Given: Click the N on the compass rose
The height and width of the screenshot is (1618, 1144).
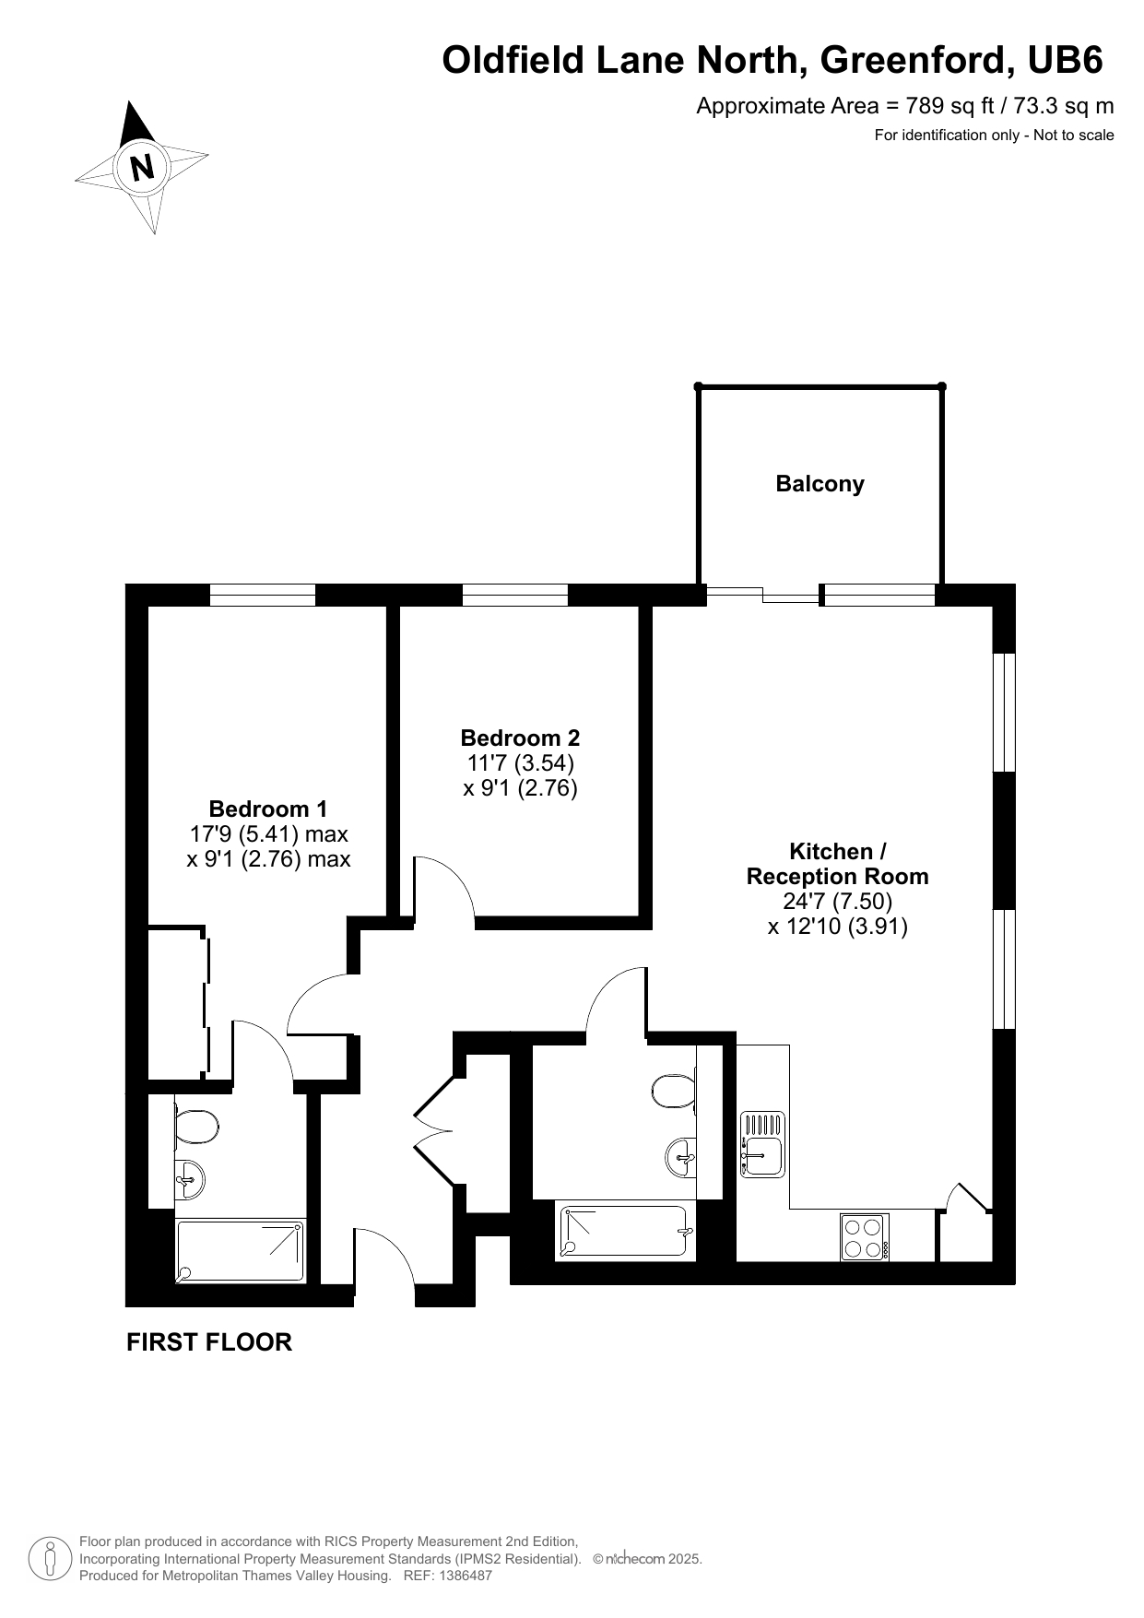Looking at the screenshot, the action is pyautogui.click(x=142, y=169).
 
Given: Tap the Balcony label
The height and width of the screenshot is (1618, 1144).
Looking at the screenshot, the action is pyautogui.click(x=820, y=484).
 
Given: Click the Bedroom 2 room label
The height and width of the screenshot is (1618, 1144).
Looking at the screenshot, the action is pyautogui.click(x=520, y=738).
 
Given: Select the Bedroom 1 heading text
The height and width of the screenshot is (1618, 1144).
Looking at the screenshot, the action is pyautogui.click(x=268, y=809).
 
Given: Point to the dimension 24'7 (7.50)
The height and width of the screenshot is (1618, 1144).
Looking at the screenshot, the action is pyautogui.click(x=838, y=901).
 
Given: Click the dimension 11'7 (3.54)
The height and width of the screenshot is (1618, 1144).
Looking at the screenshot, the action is pyautogui.click(x=520, y=762).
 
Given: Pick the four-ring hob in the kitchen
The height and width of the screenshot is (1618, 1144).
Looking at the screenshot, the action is pyautogui.click(x=865, y=1237).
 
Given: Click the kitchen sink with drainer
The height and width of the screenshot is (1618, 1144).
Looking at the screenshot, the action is pyautogui.click(x=762, y=1144).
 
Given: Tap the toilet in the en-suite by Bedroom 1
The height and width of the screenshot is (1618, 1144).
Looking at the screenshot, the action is pyautogui.click(x=195, y=1127).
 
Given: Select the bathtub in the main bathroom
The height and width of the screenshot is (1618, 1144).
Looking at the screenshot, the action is pyautogui.click(x=625, y=1233).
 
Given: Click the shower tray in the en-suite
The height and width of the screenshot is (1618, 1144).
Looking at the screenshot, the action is pyautogui.click(x=240, y=1250).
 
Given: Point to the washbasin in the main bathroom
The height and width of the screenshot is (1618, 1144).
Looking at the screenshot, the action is pyautogui.click(x=680, y=1156).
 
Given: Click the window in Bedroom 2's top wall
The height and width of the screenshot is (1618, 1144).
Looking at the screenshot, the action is pyautogui.click(x=514, y=596).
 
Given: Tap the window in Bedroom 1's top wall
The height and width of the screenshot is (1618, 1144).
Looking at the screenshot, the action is pyautogui.click(x=263, y=596).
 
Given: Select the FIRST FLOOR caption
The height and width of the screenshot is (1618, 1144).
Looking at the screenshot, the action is pyautogui.click(x=209, y=1342).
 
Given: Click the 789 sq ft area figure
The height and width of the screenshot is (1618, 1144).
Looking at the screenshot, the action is pyautogui.click(x=932, y=106).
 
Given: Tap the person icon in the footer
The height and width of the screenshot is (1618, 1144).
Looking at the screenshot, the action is pyautogui.click(x=50, y=1558).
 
